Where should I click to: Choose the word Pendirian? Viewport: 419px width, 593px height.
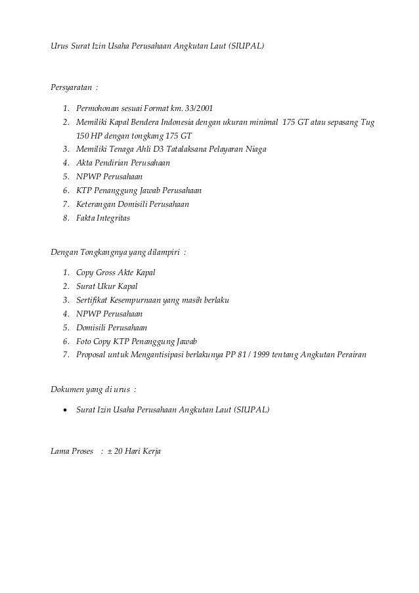click(114, 163)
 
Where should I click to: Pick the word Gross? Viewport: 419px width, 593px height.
click(108, 272)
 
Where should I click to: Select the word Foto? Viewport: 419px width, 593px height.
click(85, 341)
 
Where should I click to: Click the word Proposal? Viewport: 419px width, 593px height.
click(92, 355)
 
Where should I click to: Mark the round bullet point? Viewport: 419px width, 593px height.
click(64, 410)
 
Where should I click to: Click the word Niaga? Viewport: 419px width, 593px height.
click(254, 149)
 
